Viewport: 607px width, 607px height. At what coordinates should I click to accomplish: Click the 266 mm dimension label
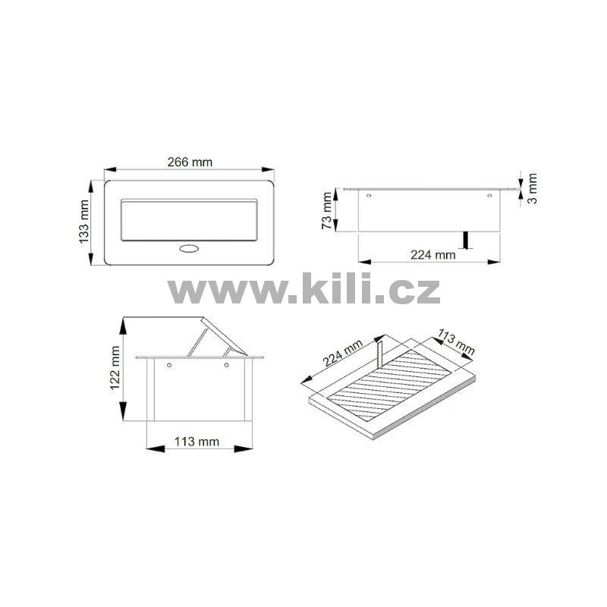click(x=190, y=162)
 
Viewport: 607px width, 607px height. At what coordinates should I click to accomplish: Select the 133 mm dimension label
click(x=84, y=222)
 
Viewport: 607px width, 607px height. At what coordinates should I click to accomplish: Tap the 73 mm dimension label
click(x=327, y=211)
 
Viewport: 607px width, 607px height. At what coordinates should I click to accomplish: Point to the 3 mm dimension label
click(x=533, y=188)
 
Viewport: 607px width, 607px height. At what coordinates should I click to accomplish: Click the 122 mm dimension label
click(x=115, y=368)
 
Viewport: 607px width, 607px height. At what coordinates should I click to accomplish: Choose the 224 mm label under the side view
click(x=432, y=255)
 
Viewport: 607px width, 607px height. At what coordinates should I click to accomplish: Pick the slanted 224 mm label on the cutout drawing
click(x=343, y=353)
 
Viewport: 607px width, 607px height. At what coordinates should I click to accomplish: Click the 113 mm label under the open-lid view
click(x=197, y=442)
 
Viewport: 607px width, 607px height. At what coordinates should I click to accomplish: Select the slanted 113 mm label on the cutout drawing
click(x=456, y=342)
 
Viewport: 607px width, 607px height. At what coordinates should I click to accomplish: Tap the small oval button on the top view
click(x=188, y=249)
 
